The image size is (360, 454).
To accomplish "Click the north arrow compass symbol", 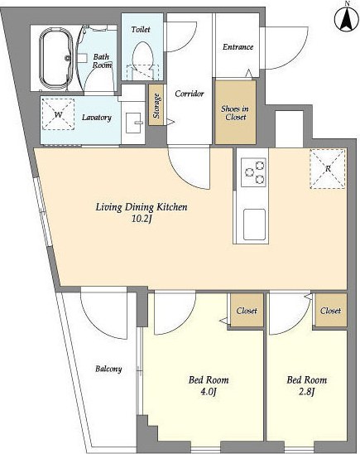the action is click(347, 18).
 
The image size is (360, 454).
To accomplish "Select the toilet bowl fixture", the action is click(142, 60).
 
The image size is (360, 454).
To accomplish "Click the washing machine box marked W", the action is click(58, 114).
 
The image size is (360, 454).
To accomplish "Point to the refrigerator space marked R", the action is click(328, 168).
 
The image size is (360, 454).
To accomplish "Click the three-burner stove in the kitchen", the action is click(253, 172).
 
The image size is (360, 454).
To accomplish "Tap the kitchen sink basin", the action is click(254, 225).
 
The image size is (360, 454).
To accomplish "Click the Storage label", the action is click(156, 105).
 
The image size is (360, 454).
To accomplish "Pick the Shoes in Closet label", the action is click(235, 113).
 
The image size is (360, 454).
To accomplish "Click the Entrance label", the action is click(238, 47).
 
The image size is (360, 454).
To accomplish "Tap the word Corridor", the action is click(190, 94).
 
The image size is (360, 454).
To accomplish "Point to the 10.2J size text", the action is click(142, 220).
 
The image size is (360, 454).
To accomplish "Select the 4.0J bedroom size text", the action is click(209, 392).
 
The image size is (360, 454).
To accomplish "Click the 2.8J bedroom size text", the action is click(306, 392).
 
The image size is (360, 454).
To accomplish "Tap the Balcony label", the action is click(108, 369).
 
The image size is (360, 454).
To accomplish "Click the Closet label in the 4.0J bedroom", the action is click(247, 311).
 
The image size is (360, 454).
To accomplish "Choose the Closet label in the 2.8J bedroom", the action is click(330, 311).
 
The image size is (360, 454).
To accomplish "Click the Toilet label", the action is click(141, 30).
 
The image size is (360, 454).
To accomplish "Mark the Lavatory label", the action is click(97, 118).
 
